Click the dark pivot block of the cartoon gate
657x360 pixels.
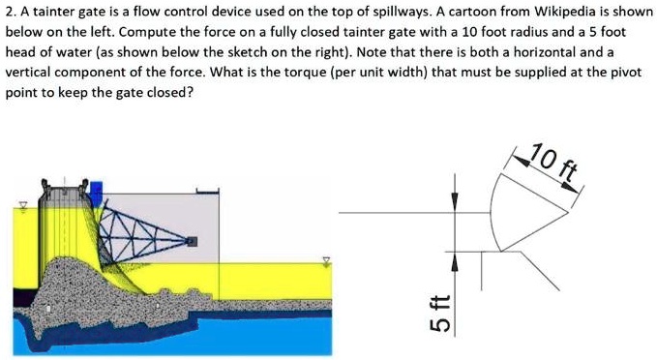click(x=192, y=239)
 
